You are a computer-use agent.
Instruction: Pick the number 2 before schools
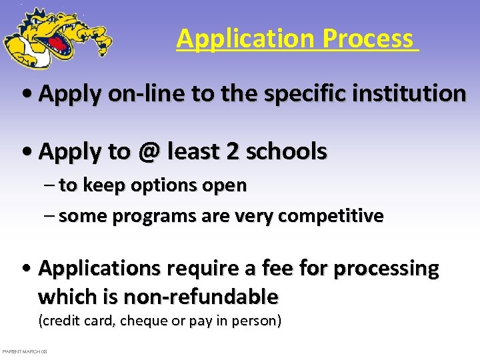tap(233, 152)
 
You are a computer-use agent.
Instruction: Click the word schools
tap(287, 152)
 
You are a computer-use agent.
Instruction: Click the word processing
tap(386, 269)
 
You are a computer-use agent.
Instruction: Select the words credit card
tap(77, 321)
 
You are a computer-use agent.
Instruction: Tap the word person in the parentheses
tap(258, 321)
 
